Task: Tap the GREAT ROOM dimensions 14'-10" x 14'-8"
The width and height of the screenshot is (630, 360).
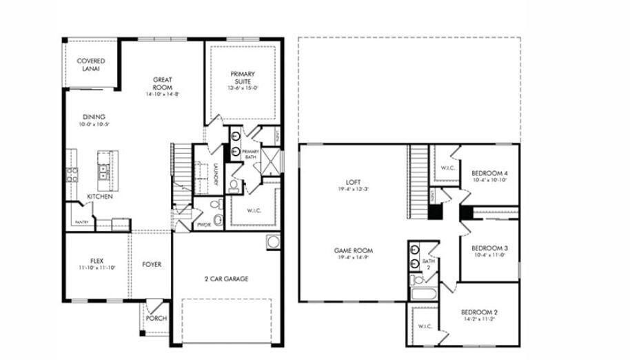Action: (x=162, y=94)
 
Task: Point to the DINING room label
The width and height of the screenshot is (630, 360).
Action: (x=94, y=117)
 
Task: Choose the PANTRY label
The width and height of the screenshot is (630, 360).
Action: (x=81, y=222)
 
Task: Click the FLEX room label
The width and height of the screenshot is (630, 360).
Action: (x=96, y=261)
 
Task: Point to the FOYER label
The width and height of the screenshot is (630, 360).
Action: (x=152, y=264)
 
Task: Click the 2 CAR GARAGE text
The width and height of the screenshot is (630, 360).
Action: (x=225, y=279)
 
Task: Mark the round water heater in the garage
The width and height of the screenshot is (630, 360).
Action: (x=273, y=243)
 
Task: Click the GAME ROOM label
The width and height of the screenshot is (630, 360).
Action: (x=353, y=251)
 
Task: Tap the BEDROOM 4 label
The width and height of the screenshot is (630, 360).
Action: (x=489, y=173)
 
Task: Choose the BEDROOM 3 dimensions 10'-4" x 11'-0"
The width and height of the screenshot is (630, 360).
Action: (x=489, y=255)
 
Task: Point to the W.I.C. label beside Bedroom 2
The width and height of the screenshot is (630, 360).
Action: (x=424, y=327)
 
